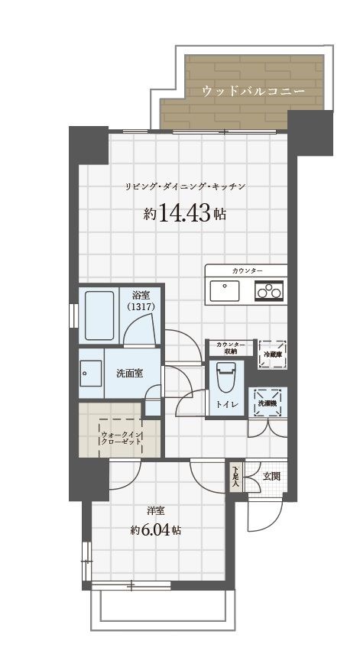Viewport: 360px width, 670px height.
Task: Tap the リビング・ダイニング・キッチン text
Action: [185, 186]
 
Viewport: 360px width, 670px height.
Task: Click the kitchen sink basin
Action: [224, 291]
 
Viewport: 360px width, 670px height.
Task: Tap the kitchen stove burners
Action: [269, 291]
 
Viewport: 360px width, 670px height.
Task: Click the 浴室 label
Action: [140, 295]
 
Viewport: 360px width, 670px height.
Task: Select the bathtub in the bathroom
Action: [97, 316]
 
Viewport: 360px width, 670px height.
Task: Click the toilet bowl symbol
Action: [225, 376]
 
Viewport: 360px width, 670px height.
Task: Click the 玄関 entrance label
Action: [271, 475]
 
